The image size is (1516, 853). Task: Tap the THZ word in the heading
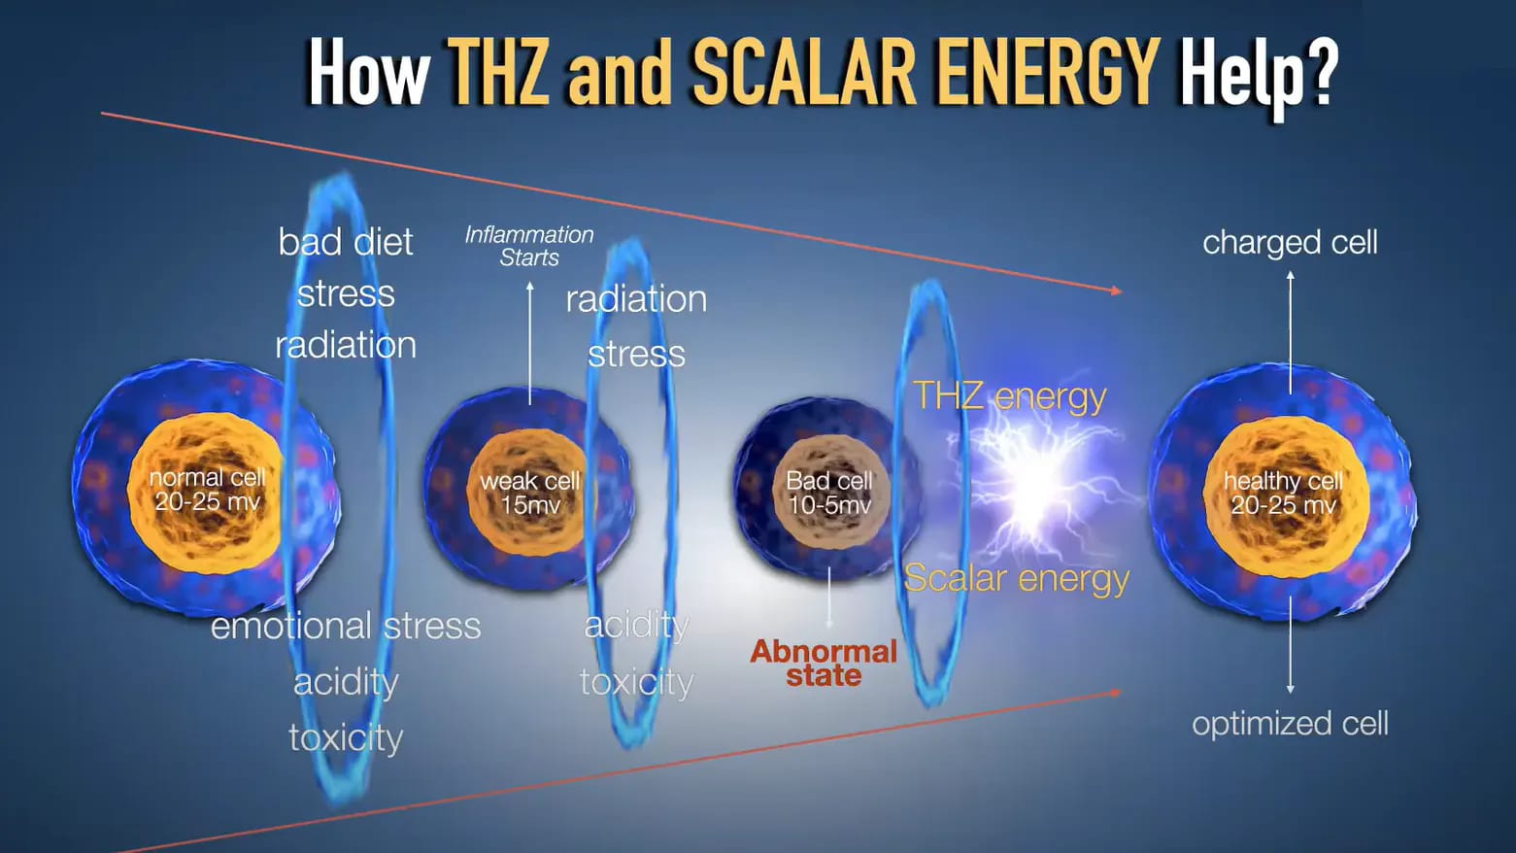click(498, 71)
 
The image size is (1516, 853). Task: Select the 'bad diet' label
click(345, 242)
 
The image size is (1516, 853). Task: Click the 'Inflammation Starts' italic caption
click(529, 246)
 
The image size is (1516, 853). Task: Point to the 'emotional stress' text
click(346, 626)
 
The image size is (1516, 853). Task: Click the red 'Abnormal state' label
click(824, 664)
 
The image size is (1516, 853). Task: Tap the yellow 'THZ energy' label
click(1010, 396)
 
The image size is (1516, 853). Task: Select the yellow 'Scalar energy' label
click(1017, 579)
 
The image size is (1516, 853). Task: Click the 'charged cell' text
click(1290, 243)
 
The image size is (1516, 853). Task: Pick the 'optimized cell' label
click(1290, 724)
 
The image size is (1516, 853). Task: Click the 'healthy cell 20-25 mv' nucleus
click(1284, 494)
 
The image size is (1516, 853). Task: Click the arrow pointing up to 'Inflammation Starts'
click(530, 344)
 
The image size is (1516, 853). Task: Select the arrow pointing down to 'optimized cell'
click(1290, 644)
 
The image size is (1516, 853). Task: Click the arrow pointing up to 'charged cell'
click(1290, 332)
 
